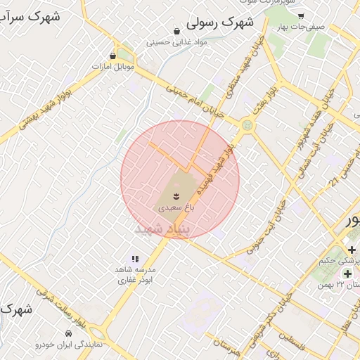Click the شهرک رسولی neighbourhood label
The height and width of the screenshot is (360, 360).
click(219, 23)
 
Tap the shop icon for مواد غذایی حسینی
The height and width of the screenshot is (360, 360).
click(176, 32)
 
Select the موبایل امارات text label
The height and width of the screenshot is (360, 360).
click(112, 66)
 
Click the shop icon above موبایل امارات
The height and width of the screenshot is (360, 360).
click(113, 55)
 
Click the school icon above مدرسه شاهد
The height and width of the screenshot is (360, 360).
click(135, 259)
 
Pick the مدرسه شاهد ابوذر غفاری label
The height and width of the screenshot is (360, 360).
click(135, 274)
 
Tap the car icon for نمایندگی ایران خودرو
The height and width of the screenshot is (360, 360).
click(68, 333)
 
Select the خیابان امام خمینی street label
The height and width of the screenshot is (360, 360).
click(195, 101)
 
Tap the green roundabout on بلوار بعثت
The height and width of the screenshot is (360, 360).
click(246, 125)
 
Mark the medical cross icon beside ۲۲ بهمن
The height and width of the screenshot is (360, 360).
click(347, 272)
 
